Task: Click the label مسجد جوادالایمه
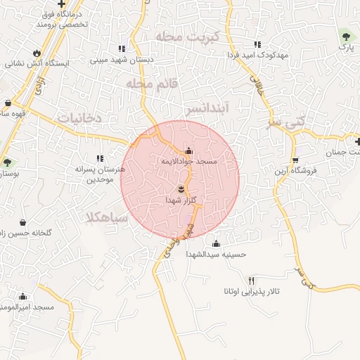(x=188, y=162)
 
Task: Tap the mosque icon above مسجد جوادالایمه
(x=188, y=150)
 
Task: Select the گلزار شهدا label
(x=180, y=200)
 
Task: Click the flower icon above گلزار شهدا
(x=181, y=189)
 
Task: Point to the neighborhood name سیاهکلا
(x=105, y=217)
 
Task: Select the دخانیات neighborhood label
(x=79, y=118)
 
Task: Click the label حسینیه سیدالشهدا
(x=217, y=255)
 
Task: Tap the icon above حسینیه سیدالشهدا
(x=217, y=243)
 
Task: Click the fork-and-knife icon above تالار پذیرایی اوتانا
(x=252, y=280)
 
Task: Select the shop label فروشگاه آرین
(x=296, y=171)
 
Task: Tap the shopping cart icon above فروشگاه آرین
(x=295, y=160)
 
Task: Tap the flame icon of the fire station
(x=37, y=53)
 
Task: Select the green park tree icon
(x=345, y=35)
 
